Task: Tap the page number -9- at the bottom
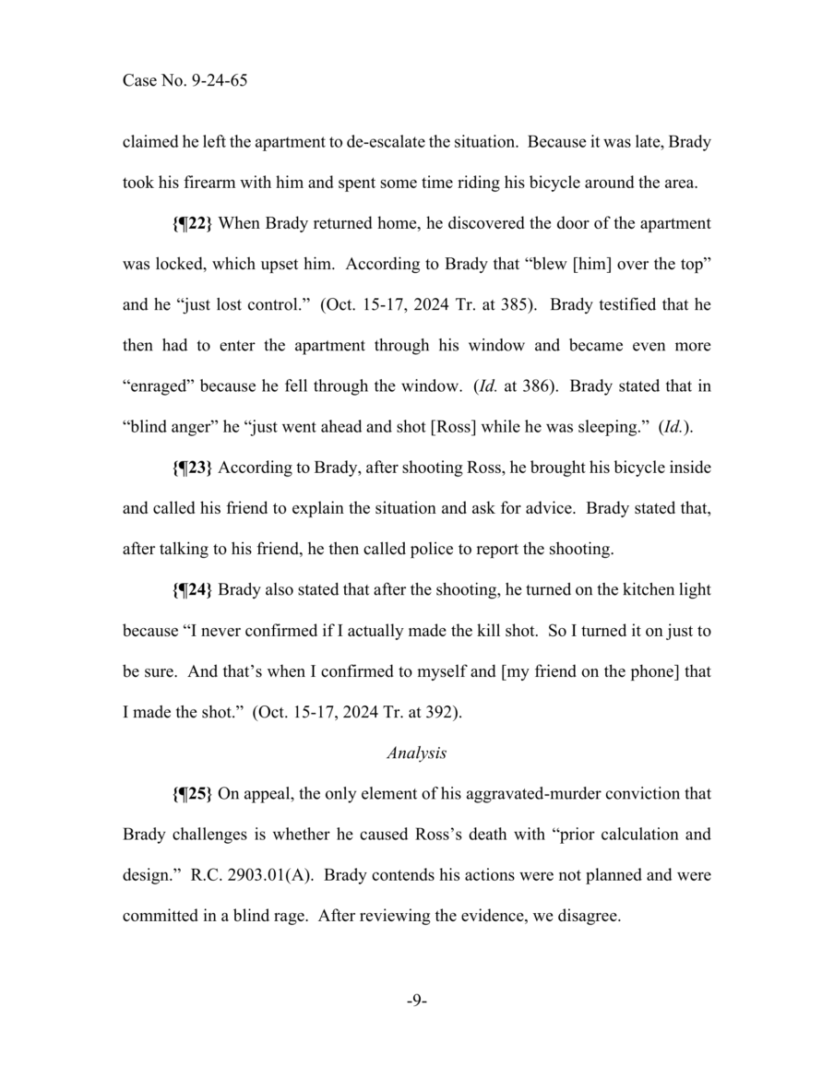pos(416,1000)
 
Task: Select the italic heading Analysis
pos(416,753)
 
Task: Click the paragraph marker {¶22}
pos(192,225)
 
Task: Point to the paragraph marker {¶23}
pos(192,468)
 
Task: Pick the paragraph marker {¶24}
pos(192,590)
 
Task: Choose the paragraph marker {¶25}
pos(192,793)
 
